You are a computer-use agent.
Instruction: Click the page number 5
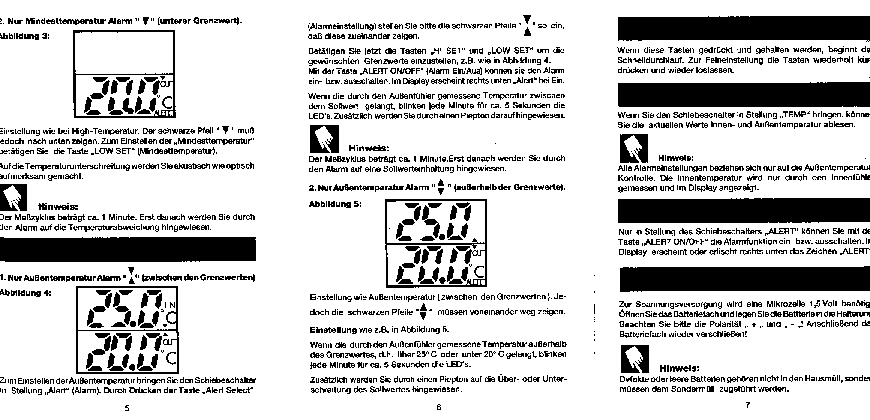click(x=127, y=408)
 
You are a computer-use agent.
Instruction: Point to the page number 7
click(x=748, y=405)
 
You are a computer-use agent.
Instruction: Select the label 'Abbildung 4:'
click(x=25, y=293)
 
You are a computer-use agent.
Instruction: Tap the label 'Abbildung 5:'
click(x=335, y=204)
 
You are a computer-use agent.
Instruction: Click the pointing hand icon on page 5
click(x=13, y=198)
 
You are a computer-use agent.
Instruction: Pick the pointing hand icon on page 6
click(x=324, y=139)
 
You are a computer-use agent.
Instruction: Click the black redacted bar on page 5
click(x=127, y=249)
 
